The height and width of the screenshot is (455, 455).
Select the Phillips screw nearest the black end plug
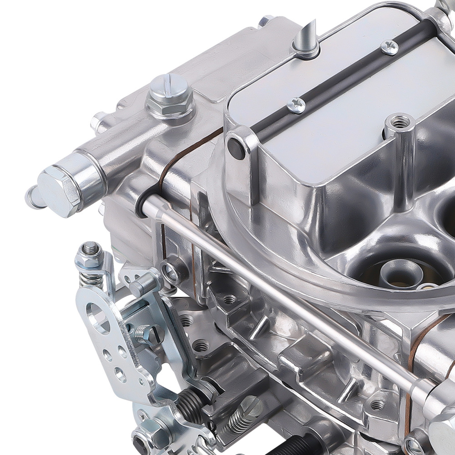point(296,105)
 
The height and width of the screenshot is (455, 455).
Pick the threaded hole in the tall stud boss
point(400,122)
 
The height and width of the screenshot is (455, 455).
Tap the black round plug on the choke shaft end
point(236,148)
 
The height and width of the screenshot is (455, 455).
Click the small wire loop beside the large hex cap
point(33,197)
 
